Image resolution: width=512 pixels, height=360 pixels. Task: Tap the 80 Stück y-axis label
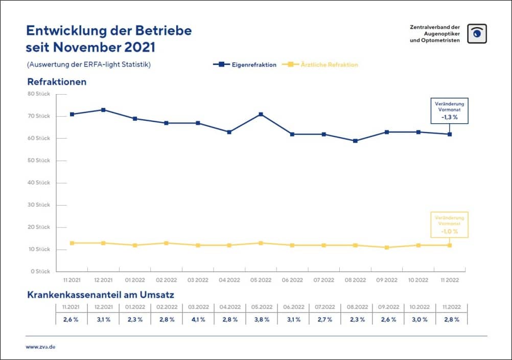pyautogui.click(x=39, y=94)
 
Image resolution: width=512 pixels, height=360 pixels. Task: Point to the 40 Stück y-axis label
pyautogui.click(x=39, y=183)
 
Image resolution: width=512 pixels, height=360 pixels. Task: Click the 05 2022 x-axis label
pyautogui.click(x=261, y=280)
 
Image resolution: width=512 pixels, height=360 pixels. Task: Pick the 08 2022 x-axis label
pyautogui.click(x=355, y=280)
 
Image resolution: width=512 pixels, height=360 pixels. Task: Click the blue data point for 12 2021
pyautogui.click(x=104, y=110)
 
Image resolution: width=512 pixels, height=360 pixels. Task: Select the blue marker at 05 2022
pyautogui.click(x=261, y=114)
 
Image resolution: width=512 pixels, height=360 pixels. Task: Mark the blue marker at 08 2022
pyautogui.click(x=356, y=141)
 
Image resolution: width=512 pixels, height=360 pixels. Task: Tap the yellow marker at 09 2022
pyautogui.click(x=387, y=247)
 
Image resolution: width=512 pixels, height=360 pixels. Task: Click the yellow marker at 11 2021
pyautogui.click(x=72, y=243)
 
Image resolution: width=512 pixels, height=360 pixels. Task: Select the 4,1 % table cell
pyautogui.click(x=198, y=319)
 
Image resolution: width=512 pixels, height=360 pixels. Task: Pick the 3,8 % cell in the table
pyautogui.click(x=261, y=319)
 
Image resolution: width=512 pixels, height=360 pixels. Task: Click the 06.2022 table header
pyautogui.click(x=293, y=307)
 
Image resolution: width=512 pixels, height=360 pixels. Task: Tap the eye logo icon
pyautogui.click(x=477, y=33)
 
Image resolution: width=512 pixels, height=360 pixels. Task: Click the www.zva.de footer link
pyautogui.click(x=41, y=346)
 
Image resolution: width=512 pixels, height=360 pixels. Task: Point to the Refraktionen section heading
pyautogui.click(x=57, y=82)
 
